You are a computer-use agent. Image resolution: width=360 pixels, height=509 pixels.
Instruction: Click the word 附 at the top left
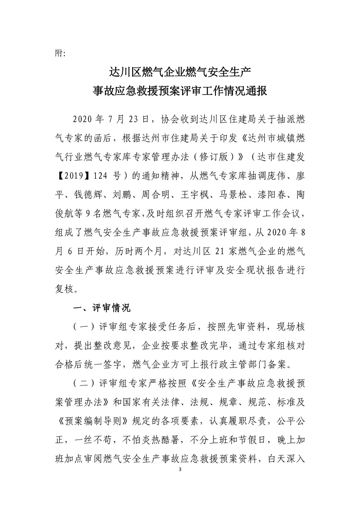click(57, 52)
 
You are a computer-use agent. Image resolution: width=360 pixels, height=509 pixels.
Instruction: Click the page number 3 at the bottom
click(180, 469)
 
